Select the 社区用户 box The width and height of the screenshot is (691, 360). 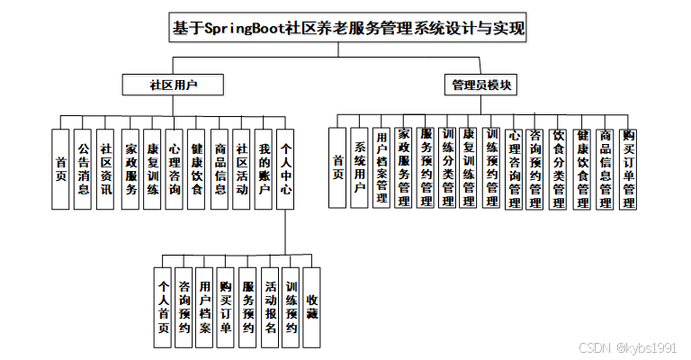click(x=174, y=85)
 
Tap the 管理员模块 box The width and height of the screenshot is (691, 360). click(x=481, y=85)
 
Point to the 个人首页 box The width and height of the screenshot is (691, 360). click(x=164, y=307)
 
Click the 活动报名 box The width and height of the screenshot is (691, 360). click(x=270, y=307)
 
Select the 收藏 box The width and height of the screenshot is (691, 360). click(x=312, y=307)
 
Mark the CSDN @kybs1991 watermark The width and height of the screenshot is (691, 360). click(x=627, y=347)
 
